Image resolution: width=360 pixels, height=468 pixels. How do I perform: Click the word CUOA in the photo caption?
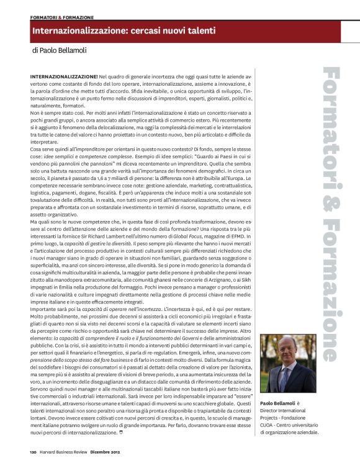[x=269, y=425]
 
